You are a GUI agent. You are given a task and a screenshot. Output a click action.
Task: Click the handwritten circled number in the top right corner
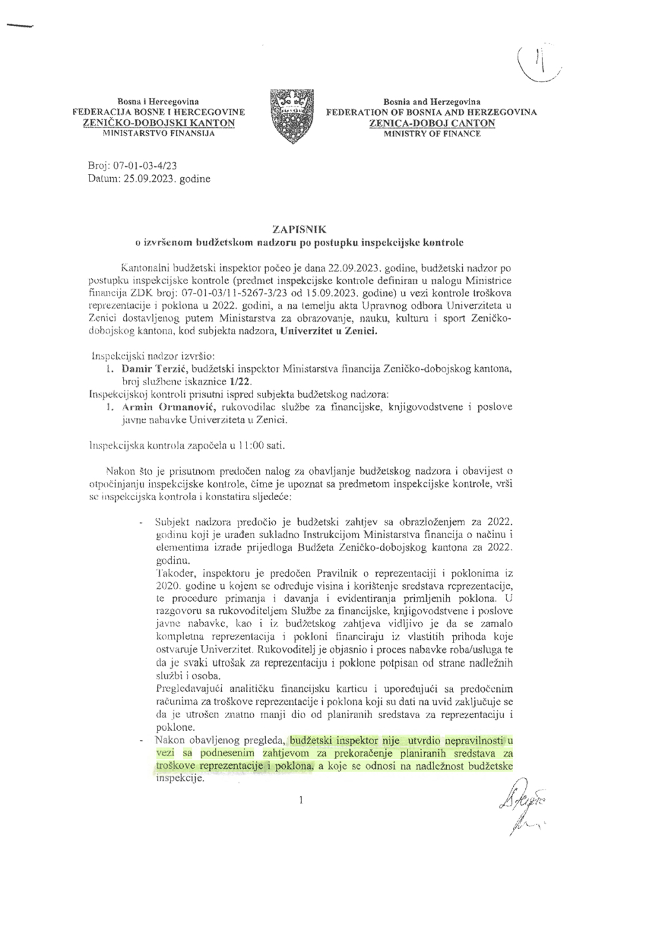pyautogui.click(x=538, y=65)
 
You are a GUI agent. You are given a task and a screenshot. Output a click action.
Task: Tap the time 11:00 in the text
pyautogui.click(x=236, y=445)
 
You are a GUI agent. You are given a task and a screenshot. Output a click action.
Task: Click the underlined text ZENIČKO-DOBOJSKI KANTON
pyautogui.click(x=158, y=123)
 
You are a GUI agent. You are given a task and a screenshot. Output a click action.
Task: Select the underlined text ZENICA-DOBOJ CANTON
pyautogui.click(x=432, y=123)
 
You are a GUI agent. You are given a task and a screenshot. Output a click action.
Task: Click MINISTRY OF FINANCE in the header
pyautogui.click(x=432, y=134)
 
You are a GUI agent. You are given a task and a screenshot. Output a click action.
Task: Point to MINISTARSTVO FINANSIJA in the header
pyautogui.click(x=158, y=134)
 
